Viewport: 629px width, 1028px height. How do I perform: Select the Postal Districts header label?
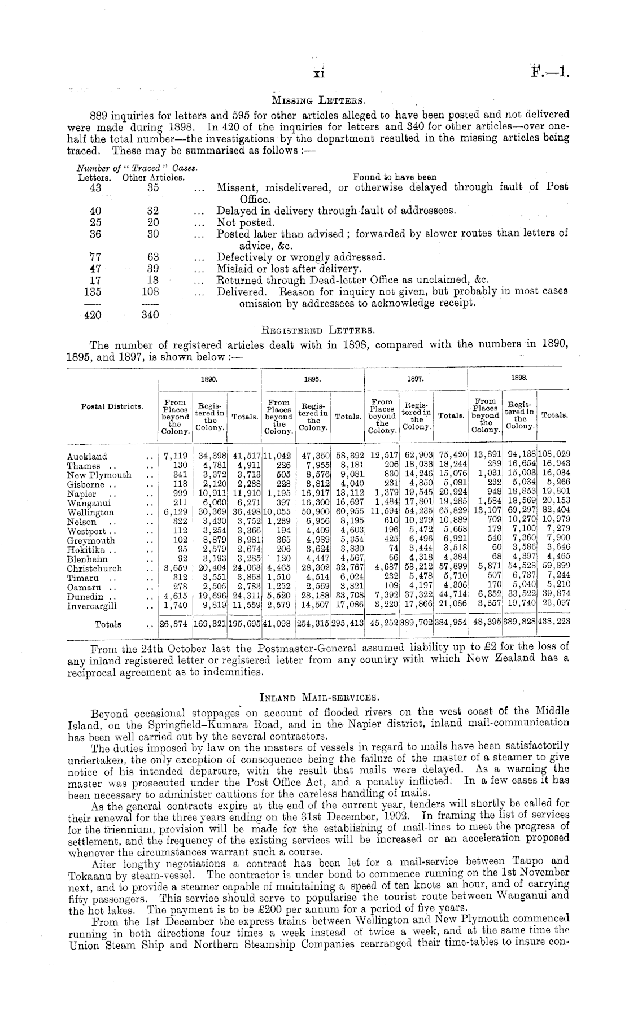(111, 406)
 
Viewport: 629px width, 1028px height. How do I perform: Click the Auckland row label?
(87, 456)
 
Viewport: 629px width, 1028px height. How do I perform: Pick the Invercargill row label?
(92, 606)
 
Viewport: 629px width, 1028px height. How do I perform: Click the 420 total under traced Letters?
(92, 315)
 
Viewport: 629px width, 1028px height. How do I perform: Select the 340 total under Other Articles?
(150, 315)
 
